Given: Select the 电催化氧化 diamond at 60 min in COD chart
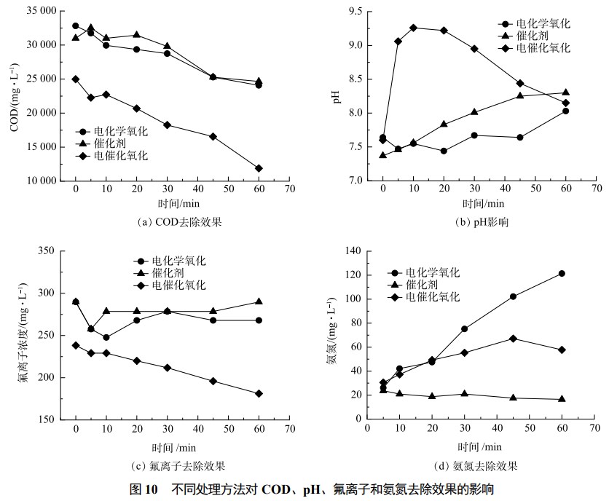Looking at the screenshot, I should tap(259, 168).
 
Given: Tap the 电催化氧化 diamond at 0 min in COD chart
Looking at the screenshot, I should tap(75, 79).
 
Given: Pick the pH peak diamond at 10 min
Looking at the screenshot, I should tap(413, 28).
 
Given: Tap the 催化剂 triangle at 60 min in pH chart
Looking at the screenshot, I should tap(566, 92).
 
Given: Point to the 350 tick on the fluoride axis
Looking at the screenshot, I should tap(46, 250).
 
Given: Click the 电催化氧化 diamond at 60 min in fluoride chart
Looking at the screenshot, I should tap(259, 393).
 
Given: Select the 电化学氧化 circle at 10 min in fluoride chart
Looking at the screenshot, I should tap(106, 337).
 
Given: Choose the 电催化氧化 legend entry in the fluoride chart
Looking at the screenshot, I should tap(178, 285).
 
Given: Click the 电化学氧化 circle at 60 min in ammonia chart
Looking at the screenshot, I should tap(562, 273).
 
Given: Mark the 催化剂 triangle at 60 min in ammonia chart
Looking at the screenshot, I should tap(562, 399).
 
